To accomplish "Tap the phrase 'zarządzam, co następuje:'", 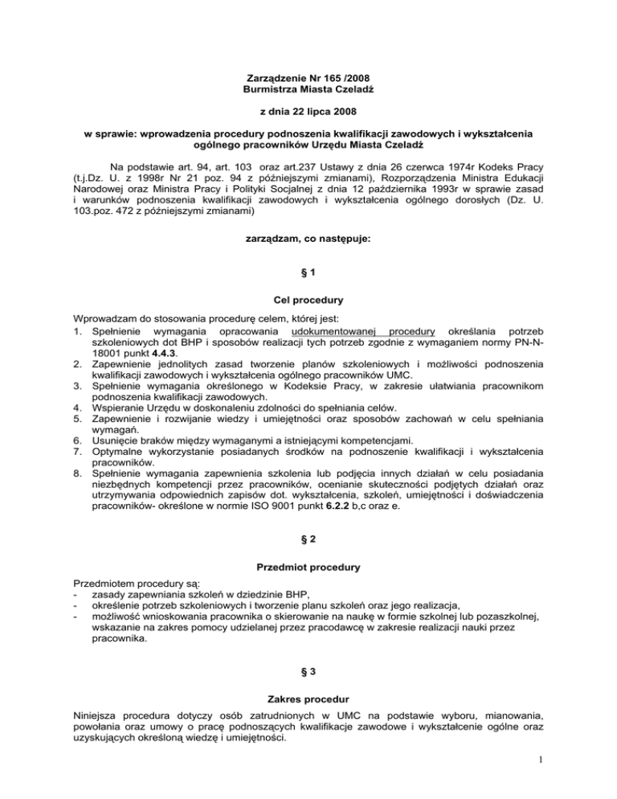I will tap(308, 240).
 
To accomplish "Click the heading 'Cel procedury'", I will tap(308, 300).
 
